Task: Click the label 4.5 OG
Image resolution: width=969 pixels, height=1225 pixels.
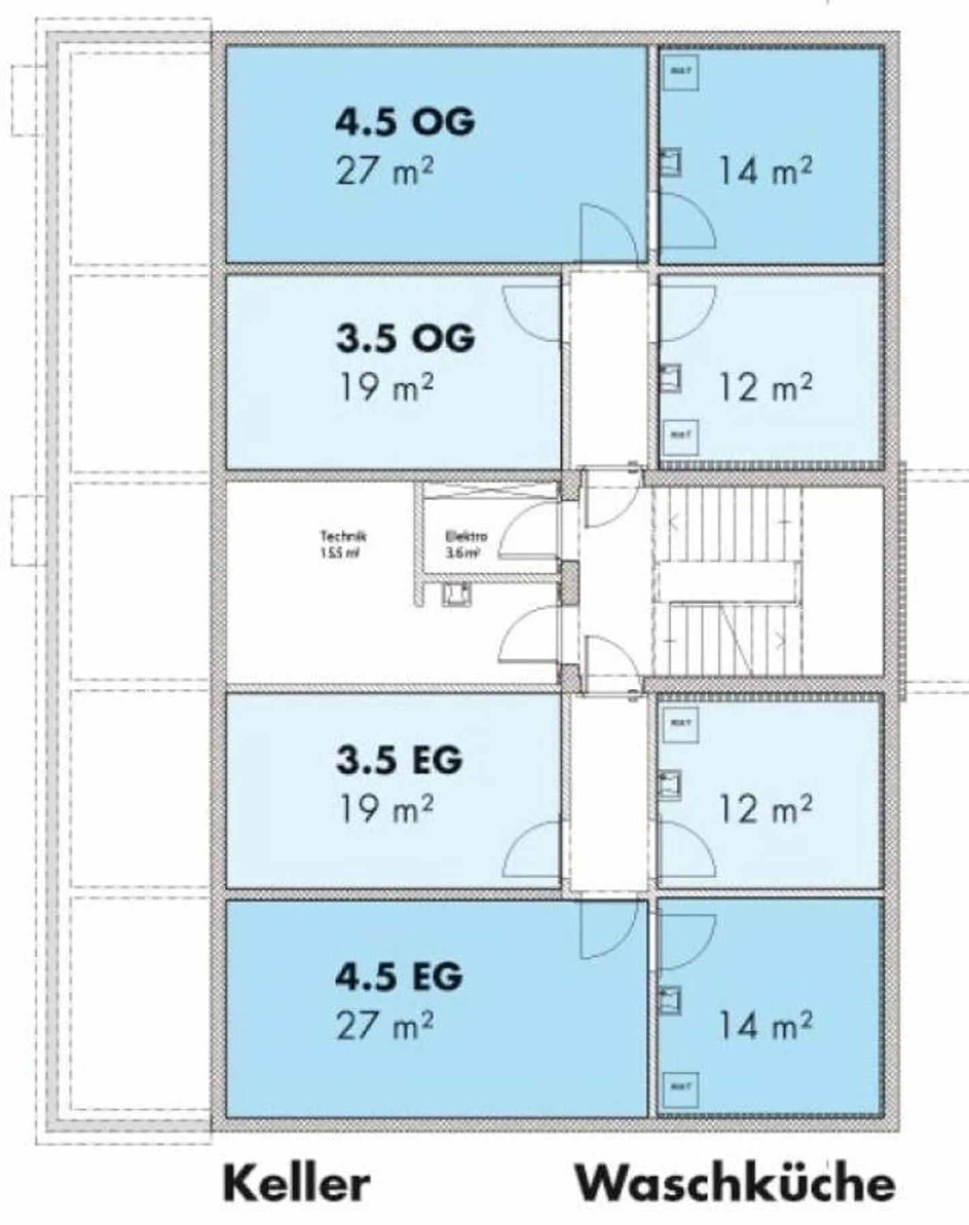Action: [405, 123]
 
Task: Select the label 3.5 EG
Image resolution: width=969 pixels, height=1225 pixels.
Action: [400, 759]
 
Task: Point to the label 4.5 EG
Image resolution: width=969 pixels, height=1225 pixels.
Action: [400, 976]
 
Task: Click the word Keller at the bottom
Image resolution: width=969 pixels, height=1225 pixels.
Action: [297, 1183]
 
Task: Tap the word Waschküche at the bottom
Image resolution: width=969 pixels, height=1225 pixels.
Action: [735, 1183]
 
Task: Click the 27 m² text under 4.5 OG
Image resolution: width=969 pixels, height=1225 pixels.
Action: [385, 171]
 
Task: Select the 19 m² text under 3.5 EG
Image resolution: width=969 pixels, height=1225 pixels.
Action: [385, 808]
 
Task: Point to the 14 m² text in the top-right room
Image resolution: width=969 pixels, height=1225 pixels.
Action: [765, 171]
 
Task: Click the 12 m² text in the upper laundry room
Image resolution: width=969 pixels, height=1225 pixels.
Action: [765, 387]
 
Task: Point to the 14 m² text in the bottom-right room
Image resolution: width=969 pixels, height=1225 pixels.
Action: [765, 1024]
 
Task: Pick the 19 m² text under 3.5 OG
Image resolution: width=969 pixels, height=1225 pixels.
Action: [385, 387]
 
